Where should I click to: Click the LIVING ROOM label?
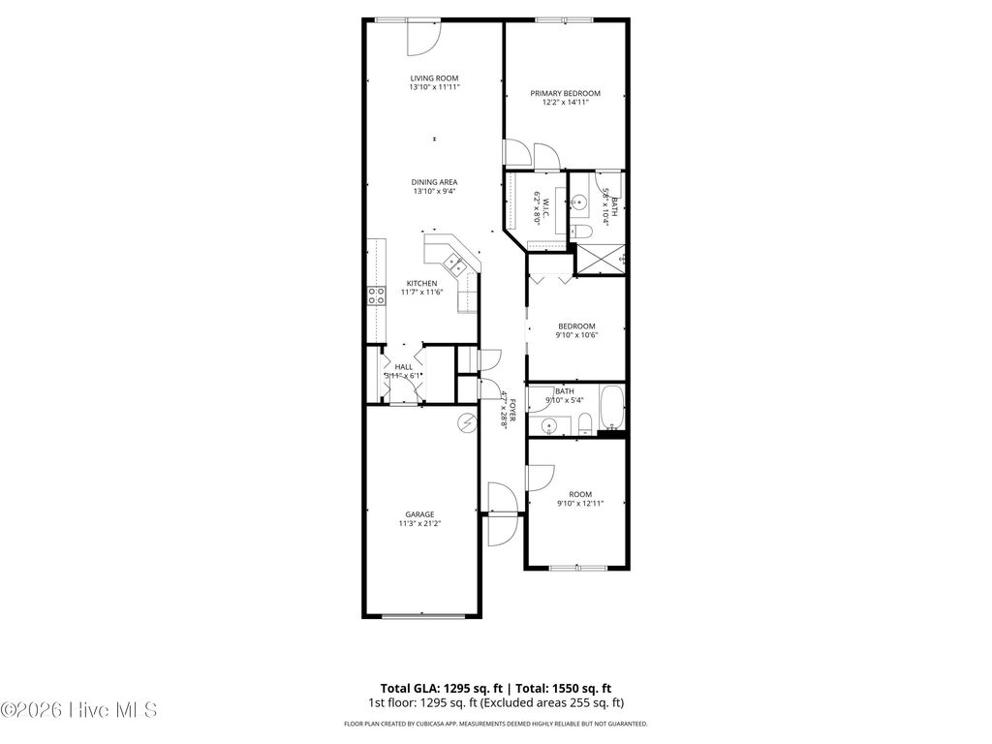433,77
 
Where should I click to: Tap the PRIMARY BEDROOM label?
565,93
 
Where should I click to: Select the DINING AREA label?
433,181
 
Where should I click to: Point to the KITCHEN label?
421,283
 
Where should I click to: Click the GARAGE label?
419,514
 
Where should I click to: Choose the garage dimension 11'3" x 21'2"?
419,524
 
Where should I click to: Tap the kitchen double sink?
452,261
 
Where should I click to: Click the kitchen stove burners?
375,296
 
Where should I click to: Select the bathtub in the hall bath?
610,408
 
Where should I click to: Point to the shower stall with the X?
601,258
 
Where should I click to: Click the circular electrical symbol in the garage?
467,423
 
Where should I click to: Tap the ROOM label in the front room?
580,493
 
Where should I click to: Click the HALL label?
404,367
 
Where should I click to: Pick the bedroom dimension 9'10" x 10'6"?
575,336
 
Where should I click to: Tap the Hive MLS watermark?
77,710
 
